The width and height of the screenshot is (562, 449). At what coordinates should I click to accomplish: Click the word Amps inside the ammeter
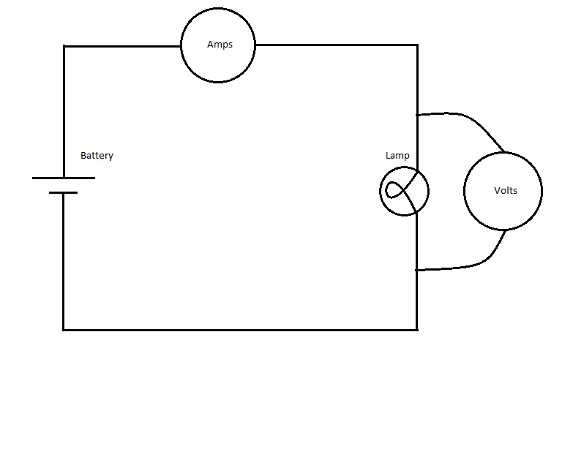220,45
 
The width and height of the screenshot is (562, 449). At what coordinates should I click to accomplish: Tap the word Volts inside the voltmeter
506,190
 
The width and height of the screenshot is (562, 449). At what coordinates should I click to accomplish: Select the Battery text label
97,156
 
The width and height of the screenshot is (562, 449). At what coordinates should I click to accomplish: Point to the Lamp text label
397,156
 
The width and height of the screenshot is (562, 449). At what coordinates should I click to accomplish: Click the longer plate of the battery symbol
64,178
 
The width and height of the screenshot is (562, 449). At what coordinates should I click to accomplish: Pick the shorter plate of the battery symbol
63,192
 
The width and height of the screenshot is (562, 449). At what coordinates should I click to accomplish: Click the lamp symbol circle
380,192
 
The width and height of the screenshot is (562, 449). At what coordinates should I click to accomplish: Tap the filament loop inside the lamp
386,191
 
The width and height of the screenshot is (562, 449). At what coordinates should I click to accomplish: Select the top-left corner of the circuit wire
64,46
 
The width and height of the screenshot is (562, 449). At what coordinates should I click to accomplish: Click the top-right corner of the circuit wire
418,45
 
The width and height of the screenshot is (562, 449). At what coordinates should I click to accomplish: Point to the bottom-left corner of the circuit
64,330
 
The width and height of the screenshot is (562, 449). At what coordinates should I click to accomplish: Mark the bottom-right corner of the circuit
417,330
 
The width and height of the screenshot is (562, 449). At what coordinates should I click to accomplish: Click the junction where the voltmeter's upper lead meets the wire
417,115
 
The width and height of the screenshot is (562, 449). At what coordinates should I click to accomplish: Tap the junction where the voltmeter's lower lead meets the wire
417,270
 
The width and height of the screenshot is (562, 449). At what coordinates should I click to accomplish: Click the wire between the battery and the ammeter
122,46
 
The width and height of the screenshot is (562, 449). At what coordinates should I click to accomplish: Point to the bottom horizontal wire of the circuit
240,330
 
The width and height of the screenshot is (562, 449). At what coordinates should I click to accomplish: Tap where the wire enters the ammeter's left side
181,46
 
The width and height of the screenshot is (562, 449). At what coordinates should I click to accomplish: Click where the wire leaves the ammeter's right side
255,45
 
